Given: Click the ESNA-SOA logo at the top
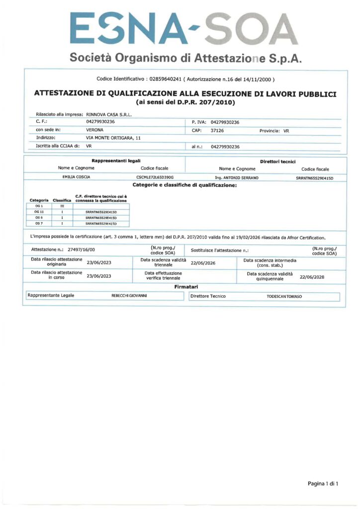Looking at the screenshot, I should coord(184,29).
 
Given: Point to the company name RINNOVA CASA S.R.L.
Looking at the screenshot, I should coord(109,114).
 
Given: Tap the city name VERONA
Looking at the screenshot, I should coord(95,130).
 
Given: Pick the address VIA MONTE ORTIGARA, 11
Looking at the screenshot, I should coord(114,138).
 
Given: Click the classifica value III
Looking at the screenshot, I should coord(62,206).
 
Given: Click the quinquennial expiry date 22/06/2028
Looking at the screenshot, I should coord(312,277).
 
